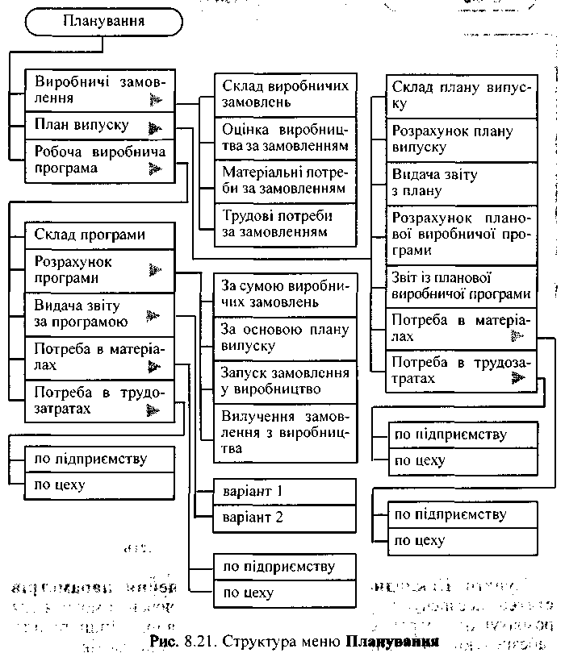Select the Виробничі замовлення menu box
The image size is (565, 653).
(x=99, y=90)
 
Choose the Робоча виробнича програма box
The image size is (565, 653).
(x=99, y=160)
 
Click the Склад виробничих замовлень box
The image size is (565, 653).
(x=285, y=94)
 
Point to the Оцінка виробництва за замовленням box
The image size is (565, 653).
(x=285, y=138)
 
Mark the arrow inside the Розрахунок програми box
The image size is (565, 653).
(x=155, y=271)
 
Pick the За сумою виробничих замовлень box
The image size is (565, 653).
(x=285, y=294)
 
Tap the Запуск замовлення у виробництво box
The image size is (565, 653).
(x=285, y=381)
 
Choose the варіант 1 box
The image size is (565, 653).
(x=285, y=491)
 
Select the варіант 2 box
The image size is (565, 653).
(x=285, y=518)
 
